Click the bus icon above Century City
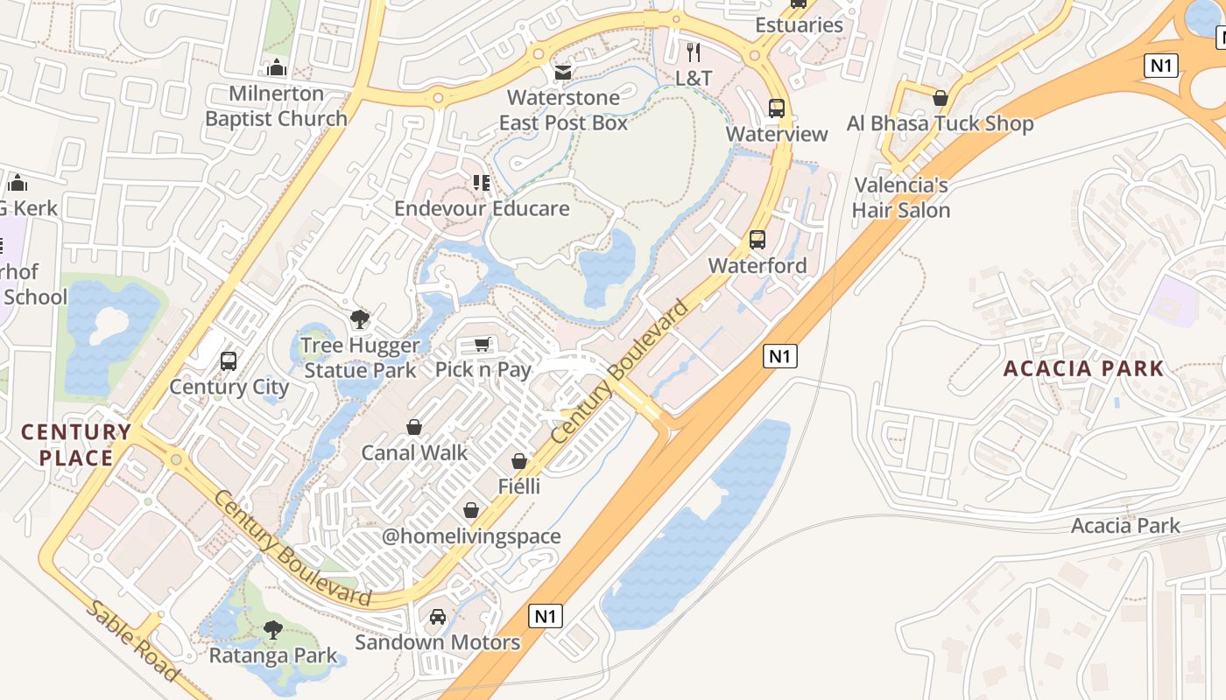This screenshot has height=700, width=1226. [x=229, y=360]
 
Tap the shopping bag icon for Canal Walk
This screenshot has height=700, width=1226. [x=414, y=427]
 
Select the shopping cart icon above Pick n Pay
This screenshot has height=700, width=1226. [x=482, y=344]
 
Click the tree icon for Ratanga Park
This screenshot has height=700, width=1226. [x=272, y=629]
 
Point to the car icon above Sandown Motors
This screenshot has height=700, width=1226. [x=437, y=617]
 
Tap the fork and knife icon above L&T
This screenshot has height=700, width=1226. [x=694, y=52]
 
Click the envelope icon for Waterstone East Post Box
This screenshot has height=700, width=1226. [x=563, y=72]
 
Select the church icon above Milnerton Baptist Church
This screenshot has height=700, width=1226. [x=277, y=67]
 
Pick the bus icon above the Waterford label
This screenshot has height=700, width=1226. [x=757, y=239]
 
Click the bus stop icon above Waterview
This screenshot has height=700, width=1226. [x=777, y=108]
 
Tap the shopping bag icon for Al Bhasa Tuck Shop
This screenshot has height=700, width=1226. [x=941, y=98]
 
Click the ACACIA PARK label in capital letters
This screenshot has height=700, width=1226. [x=1083, y=368]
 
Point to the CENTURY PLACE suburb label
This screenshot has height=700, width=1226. [x=76, y=444]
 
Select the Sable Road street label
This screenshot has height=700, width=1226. [x=132, y=640]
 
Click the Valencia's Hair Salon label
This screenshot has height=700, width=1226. [x=901, y=198]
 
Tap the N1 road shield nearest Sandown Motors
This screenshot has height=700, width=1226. [x=545, y=616]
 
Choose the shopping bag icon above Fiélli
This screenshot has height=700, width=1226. [x=519, y=460]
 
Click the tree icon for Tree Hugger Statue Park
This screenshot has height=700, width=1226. [x=359, y=319]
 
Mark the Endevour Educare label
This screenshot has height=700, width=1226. [x=482, y=208]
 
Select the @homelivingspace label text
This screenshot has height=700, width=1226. [x=471, y=536]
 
